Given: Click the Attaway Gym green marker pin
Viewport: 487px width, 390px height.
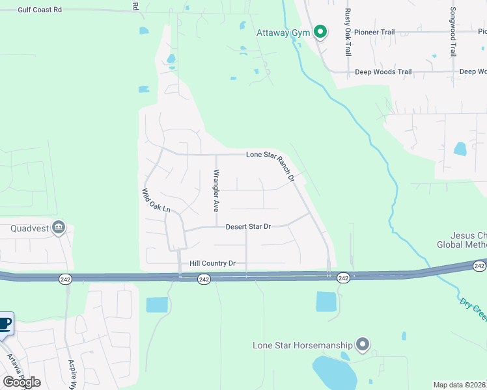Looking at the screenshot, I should coord(320,31).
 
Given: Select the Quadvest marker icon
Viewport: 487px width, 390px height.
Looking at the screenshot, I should coord(59,227).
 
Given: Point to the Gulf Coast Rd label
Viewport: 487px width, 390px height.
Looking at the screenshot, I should coord(40,10).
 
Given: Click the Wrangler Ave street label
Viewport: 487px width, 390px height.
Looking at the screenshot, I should coord(216,192).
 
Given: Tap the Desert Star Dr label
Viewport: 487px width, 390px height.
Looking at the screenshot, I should coord(247,227).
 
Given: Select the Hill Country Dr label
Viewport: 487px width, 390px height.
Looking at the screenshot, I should coord(212,263).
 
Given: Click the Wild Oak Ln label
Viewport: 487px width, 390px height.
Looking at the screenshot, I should coord(156,201).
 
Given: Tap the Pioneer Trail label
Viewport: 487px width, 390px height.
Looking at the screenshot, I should coord(375,31).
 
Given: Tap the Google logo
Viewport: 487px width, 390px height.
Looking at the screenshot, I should coord(21,382).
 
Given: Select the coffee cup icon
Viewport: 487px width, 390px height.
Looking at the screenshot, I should coord(5,324).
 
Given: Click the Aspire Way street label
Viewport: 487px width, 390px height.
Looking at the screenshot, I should coord(73,374).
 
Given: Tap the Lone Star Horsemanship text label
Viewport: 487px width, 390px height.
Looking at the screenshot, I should coord(303,344).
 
